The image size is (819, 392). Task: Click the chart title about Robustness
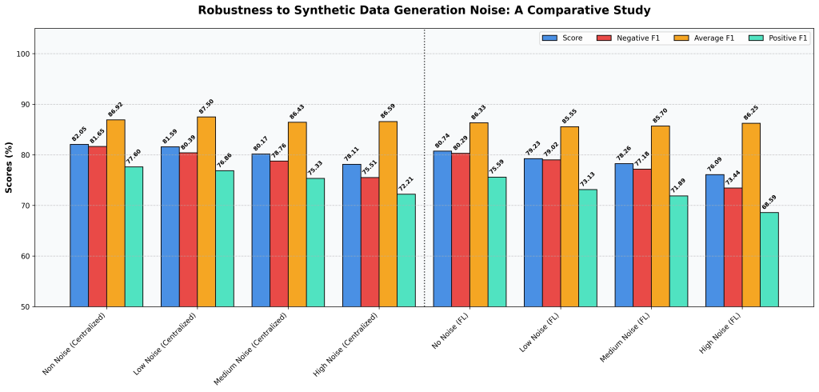[425, 10]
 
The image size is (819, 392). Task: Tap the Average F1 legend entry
[704, 38]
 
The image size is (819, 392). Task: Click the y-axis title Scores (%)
[9, 167]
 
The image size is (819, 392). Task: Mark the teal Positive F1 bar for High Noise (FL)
[769, 259]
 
